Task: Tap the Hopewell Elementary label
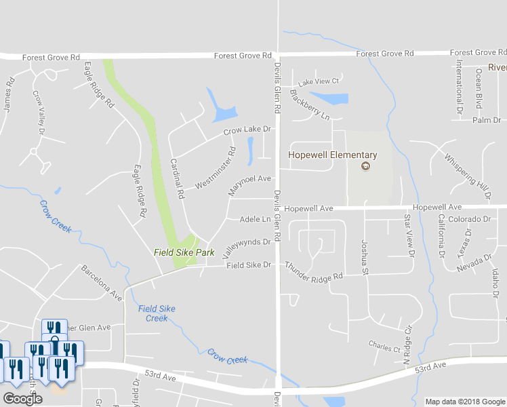(x=332, y=155)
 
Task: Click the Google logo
(x=22, y=399)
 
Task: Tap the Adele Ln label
(x=256, y=219)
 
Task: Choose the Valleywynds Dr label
(x=246, y=244)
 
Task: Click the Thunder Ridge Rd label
(x=314, y=271)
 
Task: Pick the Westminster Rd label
(x=215, y=169)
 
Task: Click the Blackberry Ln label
(x=310, y=105)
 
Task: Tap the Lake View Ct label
(x=319, y=81)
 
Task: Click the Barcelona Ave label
(x=102, y=283)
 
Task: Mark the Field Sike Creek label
(x=157, y=313)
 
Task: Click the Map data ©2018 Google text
(x=464, y=402)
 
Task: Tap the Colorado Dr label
(x=468, y=219)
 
